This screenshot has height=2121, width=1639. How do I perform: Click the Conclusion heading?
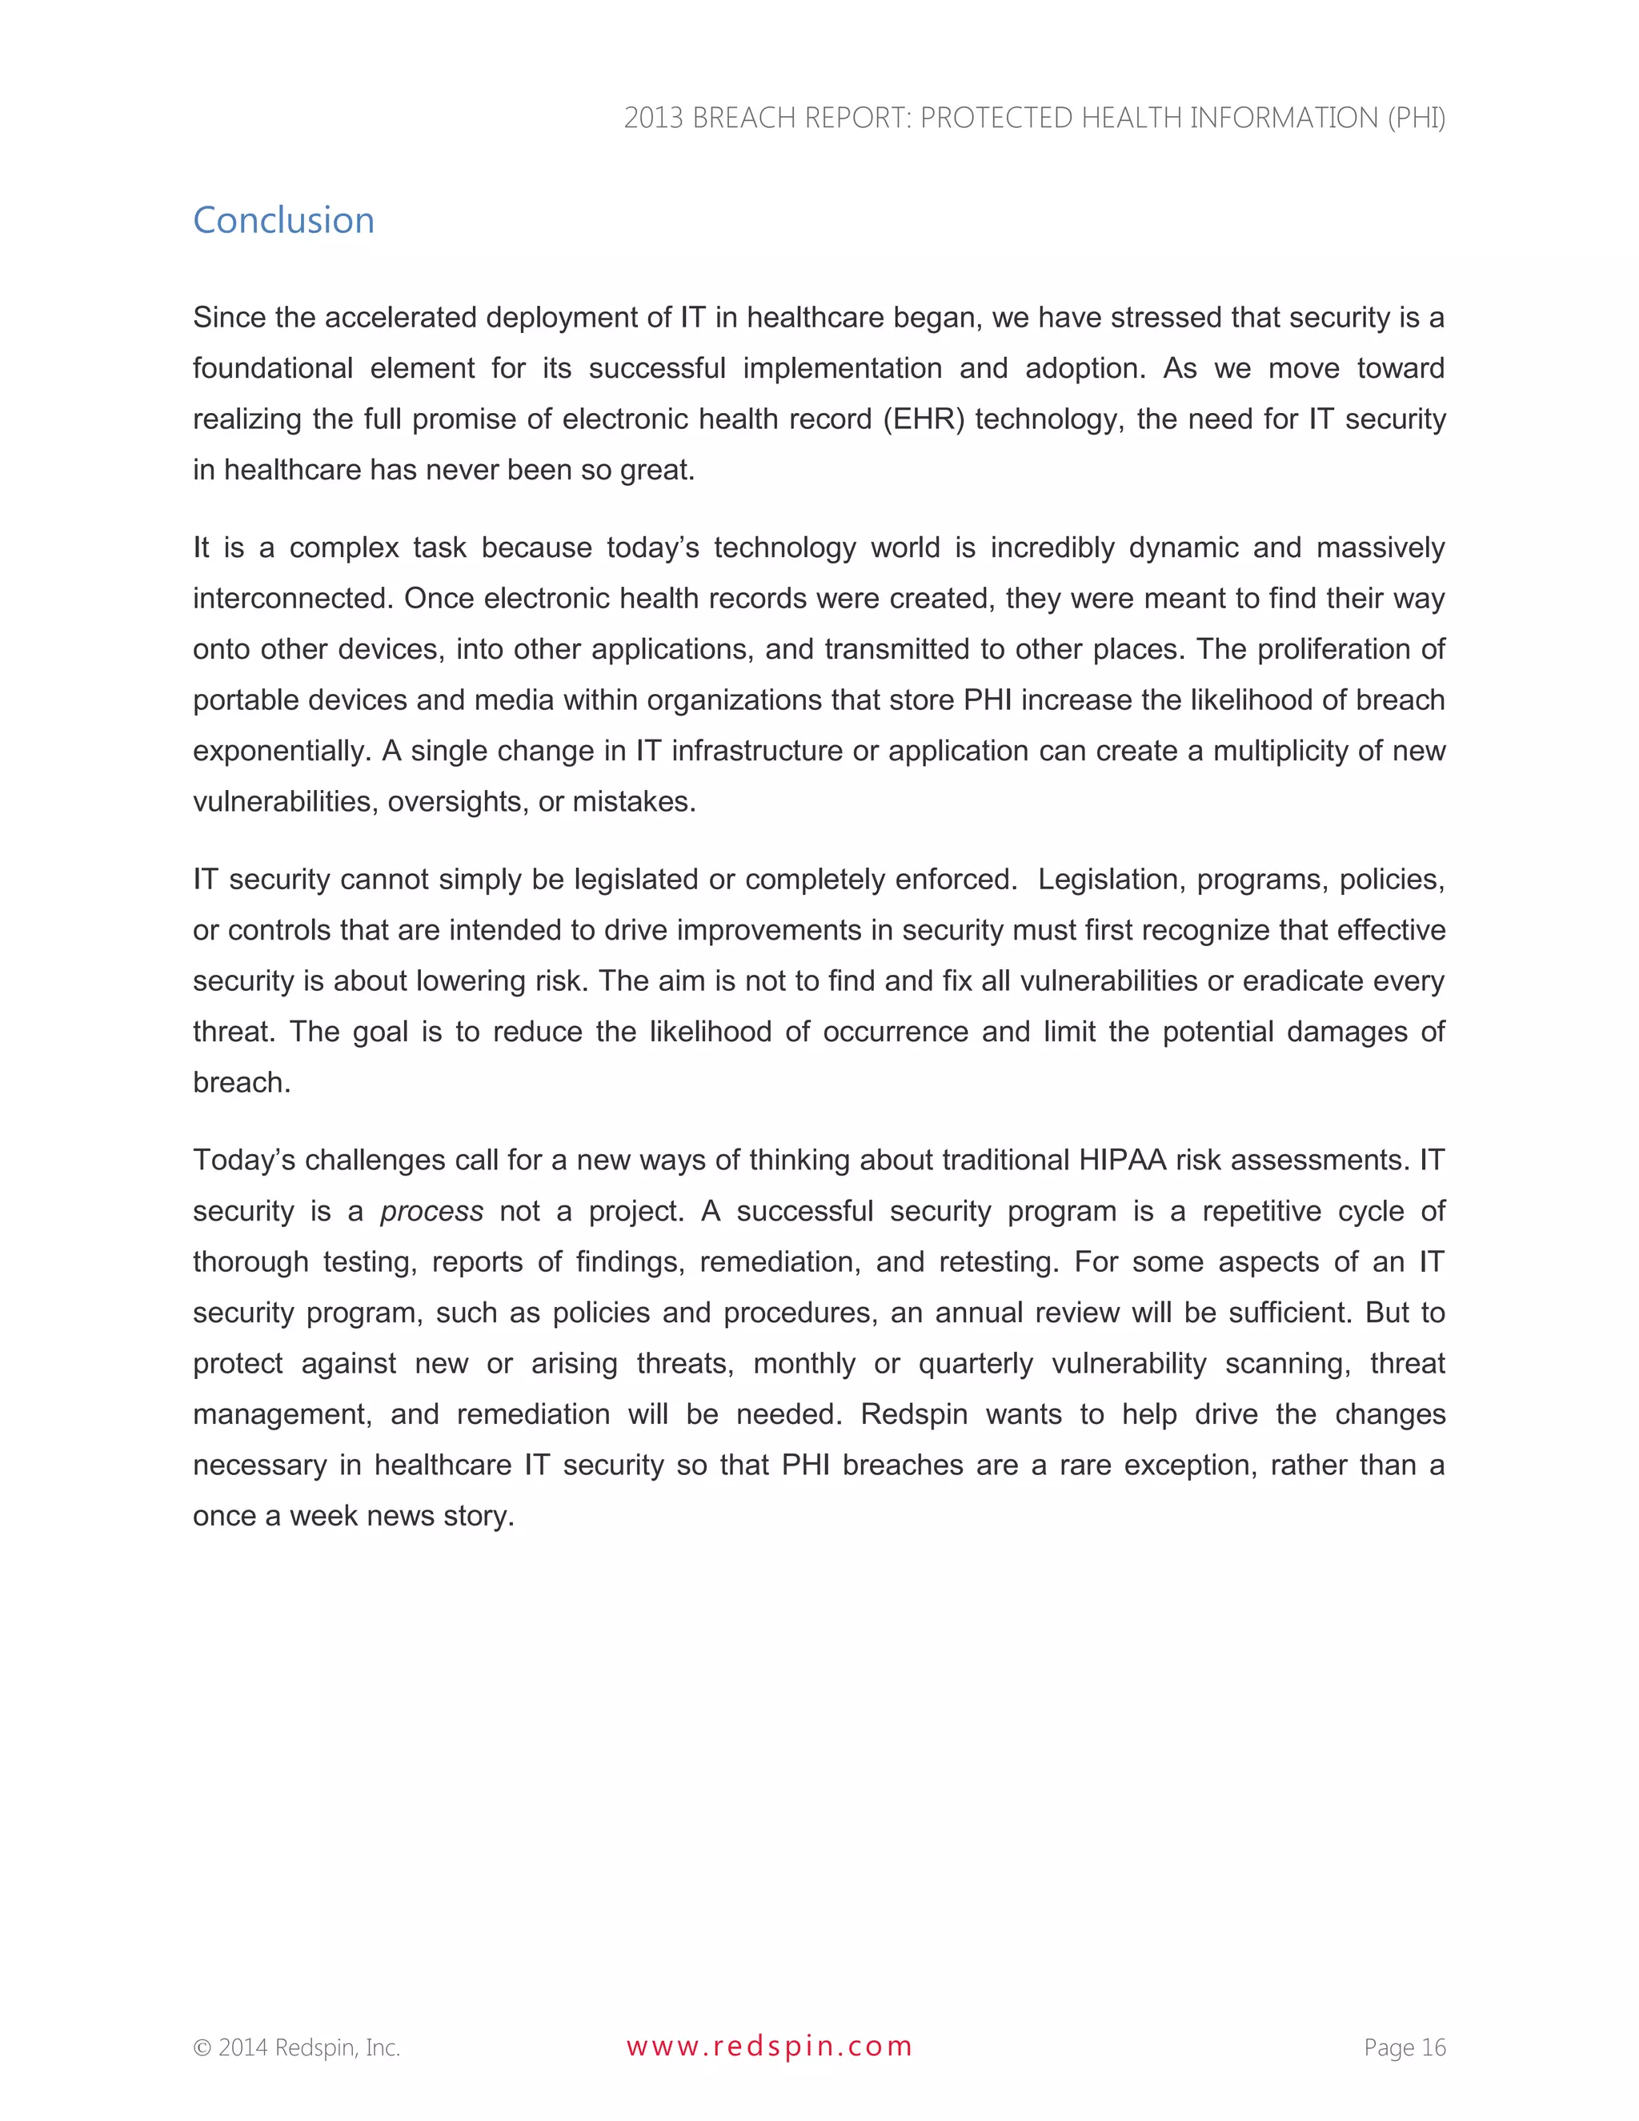(283, 220)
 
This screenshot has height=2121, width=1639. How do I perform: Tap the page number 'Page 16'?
(1404, 2047)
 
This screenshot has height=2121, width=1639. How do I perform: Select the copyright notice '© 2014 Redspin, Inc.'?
(296, 2047)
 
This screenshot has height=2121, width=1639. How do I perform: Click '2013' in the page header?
(654, 118)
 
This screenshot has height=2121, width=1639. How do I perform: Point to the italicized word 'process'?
(431, 1211)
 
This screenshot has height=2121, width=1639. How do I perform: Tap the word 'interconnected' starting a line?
(291, 598)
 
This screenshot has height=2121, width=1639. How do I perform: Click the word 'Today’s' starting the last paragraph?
(244, 1160)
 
